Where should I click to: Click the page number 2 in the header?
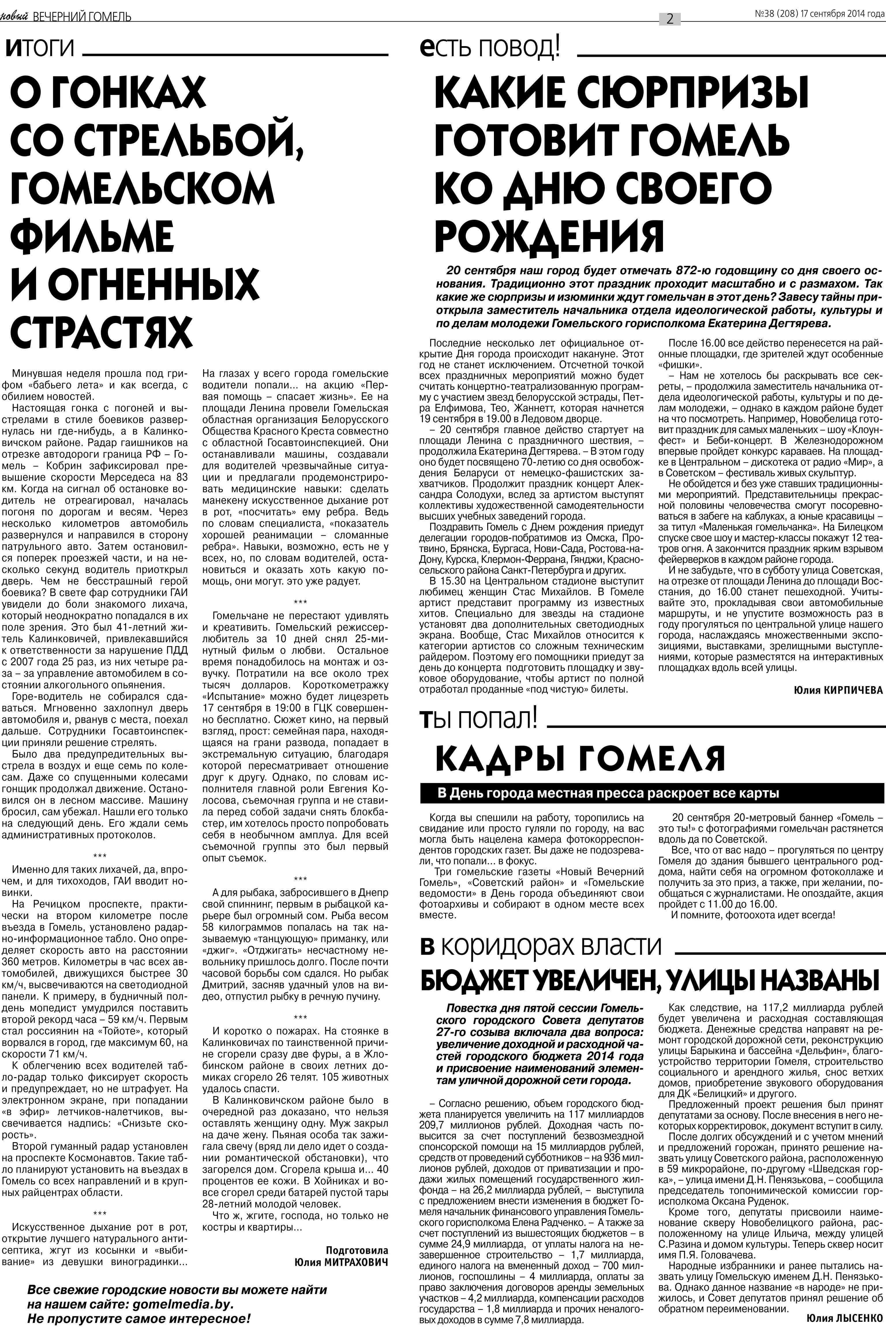[670, 19]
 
